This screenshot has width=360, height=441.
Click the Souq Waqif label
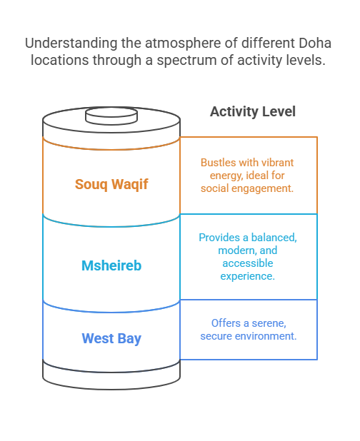point(111,185)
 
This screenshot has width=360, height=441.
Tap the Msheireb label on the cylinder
point(111,265)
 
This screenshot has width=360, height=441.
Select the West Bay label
point(111,338)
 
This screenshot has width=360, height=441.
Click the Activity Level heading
point(253,111)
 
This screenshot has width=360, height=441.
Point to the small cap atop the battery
point(111,116)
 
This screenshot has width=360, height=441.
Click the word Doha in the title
point(315,43)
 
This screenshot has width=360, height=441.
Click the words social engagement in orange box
point(247,188)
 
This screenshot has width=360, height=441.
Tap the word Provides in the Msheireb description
point(219,238)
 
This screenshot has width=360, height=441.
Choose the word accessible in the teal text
point(248,263)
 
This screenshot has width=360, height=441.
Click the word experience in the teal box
point(247,276)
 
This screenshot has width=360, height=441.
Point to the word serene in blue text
point(269,323)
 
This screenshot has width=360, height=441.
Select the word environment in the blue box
point(266,336)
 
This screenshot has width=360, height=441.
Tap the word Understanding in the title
point(71,44)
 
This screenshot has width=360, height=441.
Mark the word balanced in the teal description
point(274,238)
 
